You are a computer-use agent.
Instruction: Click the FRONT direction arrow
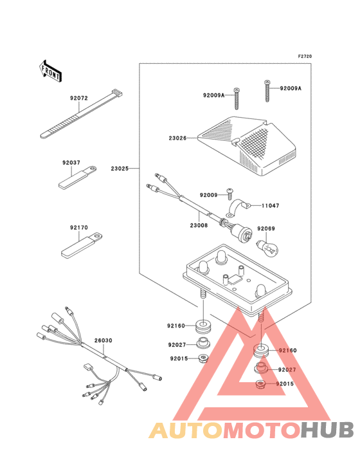coord(50,71)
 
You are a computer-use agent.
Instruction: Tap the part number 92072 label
coord(79,98)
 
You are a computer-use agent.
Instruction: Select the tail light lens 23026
coord(248,145)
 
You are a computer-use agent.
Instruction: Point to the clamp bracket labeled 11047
coord(239,208)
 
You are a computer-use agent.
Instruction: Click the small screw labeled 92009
coord(230,194)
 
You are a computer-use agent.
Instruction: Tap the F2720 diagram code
coord(305,56)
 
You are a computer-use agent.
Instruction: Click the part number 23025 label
coord(120,169)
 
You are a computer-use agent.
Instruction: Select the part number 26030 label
coord(104,340)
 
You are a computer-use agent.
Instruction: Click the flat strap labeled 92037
coord(77,177)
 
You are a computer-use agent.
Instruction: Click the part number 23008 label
coord(199,225)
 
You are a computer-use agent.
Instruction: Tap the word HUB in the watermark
coord(328,430)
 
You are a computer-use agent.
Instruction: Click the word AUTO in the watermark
coord(186,430)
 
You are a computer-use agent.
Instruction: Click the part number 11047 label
coord(270,206)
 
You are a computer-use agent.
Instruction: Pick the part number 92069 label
coord(266,228)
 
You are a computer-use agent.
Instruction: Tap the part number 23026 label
coord(177,138)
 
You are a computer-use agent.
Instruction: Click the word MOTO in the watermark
coord(262,430)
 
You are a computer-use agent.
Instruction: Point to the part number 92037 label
coord(71,163)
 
